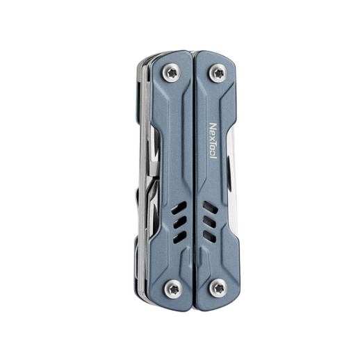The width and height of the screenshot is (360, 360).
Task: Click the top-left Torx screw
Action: coord(171,72)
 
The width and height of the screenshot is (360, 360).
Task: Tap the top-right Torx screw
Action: coord(218,72)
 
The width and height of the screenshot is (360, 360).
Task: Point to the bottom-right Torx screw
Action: coord(218,286)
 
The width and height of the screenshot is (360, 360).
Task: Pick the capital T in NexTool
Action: coord(213,141)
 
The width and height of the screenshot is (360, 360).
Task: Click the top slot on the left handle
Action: coord(180,208)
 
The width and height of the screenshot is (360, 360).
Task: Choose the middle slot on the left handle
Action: coord(180,222)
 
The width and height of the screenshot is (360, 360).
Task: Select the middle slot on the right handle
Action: coord(208,222)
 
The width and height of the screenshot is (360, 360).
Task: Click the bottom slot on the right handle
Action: coord(208,237)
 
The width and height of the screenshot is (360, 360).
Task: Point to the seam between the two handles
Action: coord(194,174)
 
